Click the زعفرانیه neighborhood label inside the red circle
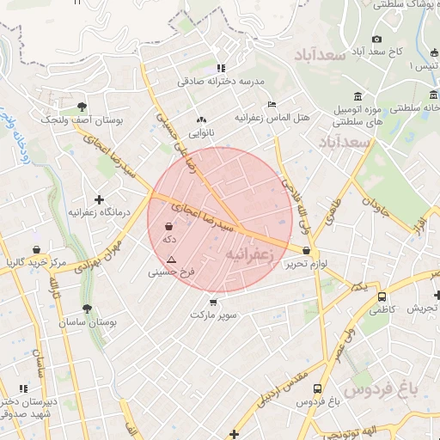coord(249,255)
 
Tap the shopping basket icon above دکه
coord(168,228)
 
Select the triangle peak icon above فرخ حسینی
coord(172,260)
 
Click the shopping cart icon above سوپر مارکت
coord(213,302)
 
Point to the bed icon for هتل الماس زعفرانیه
coord(272,103)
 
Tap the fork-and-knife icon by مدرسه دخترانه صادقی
coord(221,68)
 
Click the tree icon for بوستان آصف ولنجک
coord(82,107)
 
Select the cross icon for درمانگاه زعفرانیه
coord(100,199)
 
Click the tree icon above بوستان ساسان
coord(87,309)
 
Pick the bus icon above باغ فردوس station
coord(318,388)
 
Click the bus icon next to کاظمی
coord(382,296)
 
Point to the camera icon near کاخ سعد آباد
coord(376,39)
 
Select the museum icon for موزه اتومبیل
coord(358,95)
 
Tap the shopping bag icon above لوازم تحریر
coord(307,250)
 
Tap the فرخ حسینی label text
coord(172,272)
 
